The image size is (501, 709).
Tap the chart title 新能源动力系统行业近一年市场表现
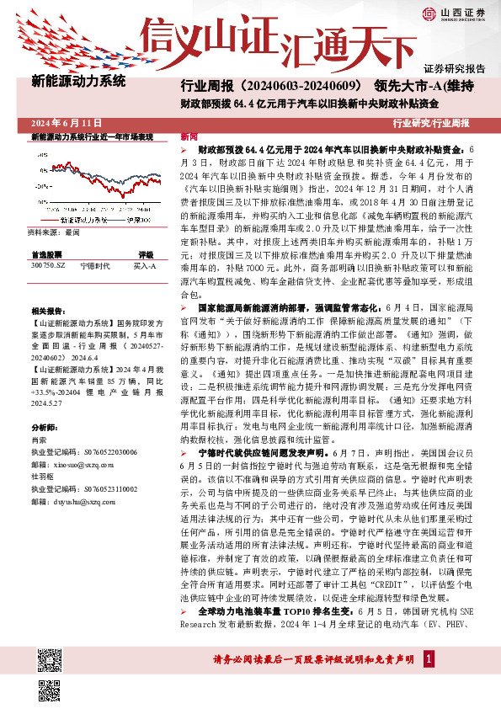(x=92, y=136)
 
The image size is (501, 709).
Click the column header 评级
(x=145, y=254)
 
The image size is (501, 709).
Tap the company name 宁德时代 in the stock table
(x=95, y=265)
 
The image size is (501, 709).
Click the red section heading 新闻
(x=189, y=136)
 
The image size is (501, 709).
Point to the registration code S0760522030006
(x=83, y=451)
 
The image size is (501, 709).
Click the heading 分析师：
(x=43, y=427)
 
